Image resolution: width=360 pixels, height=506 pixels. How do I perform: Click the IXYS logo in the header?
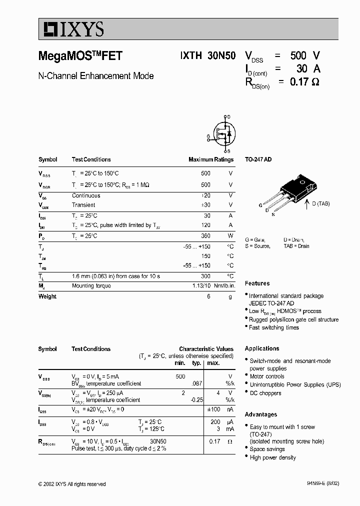tap(72, 30)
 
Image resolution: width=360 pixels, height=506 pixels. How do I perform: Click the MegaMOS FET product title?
tap(80, 56)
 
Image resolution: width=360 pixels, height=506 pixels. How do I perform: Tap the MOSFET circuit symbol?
tap(223, 133)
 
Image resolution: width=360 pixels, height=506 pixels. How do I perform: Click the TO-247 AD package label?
tap(258, 159)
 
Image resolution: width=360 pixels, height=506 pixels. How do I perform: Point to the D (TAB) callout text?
tap(320, 203)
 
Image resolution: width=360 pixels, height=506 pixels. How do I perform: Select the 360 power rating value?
tap(205, 235)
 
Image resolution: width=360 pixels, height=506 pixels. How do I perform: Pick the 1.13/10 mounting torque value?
tap(202, 286)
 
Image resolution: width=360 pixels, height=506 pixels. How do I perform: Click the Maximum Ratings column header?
tap(210, 159)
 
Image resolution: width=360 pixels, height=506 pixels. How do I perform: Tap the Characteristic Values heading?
tap(206, 349)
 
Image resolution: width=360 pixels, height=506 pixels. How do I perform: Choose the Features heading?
tap(257, 283)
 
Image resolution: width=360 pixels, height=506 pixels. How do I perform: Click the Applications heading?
tap(262, 348)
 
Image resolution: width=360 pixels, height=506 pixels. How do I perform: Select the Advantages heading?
tap(260, 414)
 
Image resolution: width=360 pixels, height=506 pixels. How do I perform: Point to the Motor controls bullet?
tap(267, 376)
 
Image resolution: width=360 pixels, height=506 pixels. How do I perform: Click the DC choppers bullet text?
tap(265, 393)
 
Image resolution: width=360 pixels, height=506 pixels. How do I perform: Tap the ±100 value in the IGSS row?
tap(213, 409)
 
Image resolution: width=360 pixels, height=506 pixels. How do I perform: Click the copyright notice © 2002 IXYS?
tap(72, 484)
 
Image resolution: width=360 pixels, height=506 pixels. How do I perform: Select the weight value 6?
tap(208, 296)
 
